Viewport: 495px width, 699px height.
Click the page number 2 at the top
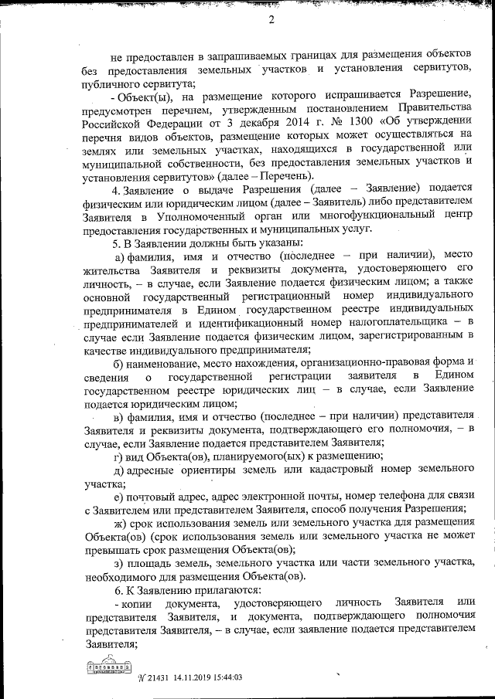tap(272, 20)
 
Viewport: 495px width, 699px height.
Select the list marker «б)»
tap(118, 363)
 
